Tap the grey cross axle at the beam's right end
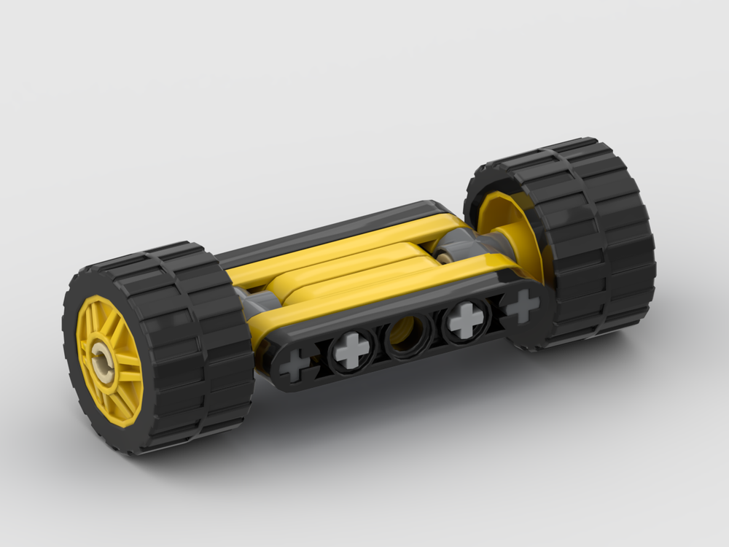[x=522, y=306]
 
